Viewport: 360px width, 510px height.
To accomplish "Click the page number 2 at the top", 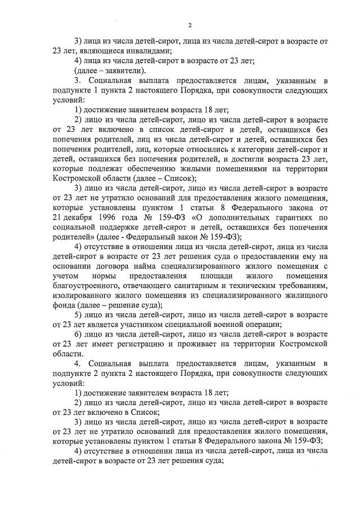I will [x=190, y=25].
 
